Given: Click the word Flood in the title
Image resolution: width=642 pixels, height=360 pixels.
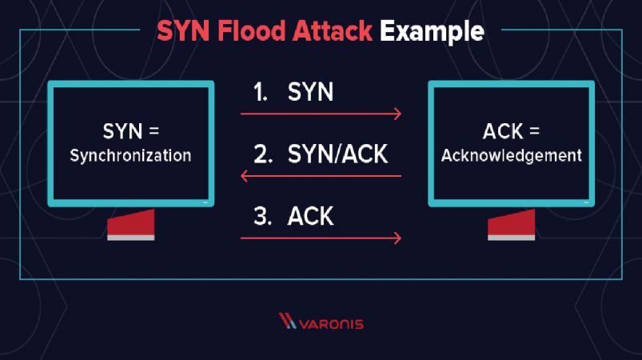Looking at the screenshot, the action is (x=251, y=30).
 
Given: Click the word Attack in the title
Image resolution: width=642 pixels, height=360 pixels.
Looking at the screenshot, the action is (x=333, y=30).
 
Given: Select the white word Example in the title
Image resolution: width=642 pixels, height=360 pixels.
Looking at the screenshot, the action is (x=432, y=32).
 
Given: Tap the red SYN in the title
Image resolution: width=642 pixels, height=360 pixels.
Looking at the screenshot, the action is (x=183, y=30).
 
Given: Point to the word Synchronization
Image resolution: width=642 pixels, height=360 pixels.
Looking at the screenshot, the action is (x=130, y=156).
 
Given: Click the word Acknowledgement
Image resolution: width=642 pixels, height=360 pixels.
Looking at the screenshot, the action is (x=512, y=156).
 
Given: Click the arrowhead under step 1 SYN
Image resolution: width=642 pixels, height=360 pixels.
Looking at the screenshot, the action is (x=397, y=114).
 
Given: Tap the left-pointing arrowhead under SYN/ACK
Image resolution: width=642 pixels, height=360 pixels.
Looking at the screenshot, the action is (x=245, y=176).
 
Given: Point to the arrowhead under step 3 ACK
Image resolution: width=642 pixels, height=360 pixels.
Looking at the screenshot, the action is (x=397, y=238).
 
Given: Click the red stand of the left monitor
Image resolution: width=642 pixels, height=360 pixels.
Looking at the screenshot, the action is (x=131, y=223).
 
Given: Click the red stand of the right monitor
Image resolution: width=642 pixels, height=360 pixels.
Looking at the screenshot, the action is (x=512, y=223).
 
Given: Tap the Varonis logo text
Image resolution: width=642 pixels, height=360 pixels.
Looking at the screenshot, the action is (x=331, y=324).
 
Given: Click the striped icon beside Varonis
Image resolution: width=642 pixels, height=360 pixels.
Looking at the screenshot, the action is (x=288, y=321).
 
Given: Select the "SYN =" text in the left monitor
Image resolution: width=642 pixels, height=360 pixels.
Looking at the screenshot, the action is (x=130, y=131).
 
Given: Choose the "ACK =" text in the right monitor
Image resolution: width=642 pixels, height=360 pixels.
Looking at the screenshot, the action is (x=511, y=131).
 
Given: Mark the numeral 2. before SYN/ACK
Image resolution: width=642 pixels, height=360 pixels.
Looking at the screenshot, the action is (x=263, y=154).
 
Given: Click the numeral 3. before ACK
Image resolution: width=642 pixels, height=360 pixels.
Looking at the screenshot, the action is (x=263, y=217).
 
